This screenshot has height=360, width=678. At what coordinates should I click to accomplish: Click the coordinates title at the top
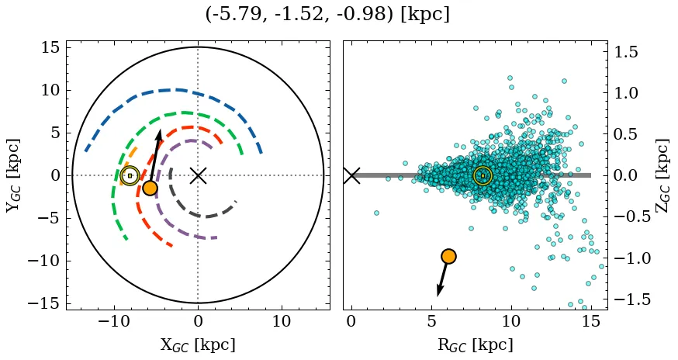(x=327, y=15)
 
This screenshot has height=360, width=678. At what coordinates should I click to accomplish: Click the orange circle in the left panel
(x=150, y=188)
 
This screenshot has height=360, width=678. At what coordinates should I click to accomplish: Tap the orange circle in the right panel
(x=448, y=256)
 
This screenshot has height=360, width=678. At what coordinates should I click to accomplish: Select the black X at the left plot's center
(x=198, y=175)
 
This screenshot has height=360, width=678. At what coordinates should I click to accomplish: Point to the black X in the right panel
(x=351, y=175)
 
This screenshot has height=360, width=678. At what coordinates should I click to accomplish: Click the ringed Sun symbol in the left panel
(x=130, y=175)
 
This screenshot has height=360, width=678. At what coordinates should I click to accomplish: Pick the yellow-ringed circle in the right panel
(x=483, y=175)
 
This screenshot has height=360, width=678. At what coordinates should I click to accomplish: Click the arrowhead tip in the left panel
(x=160, y=131)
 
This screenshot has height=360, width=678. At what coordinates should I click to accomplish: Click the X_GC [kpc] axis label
(x=198, y=344)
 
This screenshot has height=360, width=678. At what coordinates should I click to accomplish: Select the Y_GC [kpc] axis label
(x=13, y=175)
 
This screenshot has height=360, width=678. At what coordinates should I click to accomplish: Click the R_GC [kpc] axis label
(x=476, y=344)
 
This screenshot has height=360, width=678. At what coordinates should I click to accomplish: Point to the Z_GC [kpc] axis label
(x=662, y=175)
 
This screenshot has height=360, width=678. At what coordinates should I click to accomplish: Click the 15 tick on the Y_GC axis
(x=51, y=47)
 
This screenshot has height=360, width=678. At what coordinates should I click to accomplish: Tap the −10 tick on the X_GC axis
(x=115, y=321)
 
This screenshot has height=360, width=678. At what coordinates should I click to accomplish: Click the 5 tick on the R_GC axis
(x=431, y=321)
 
